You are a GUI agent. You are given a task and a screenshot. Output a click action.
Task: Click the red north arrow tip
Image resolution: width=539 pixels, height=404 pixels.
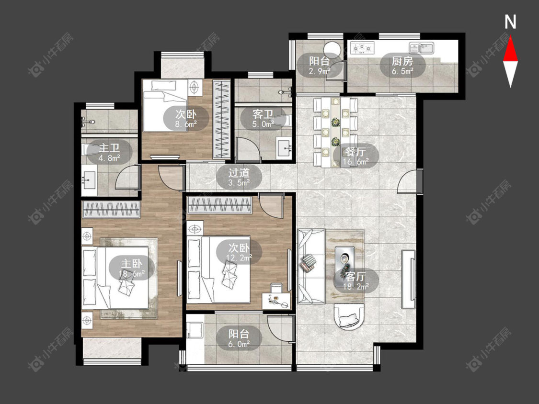[x=510, y=37]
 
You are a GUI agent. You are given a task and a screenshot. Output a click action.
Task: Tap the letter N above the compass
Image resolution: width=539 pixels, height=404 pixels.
[x=510, y=22]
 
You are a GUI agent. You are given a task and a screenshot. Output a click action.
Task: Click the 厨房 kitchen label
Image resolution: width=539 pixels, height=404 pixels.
[x=402, y=61]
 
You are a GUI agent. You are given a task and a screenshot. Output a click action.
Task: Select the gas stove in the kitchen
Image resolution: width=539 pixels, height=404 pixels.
[x=362, y=48]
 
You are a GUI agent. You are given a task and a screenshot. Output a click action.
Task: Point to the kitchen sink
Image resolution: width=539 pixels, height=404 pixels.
[x=422, y=48]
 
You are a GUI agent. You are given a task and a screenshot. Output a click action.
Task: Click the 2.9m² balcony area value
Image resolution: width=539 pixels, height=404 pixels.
[x=320, y=71]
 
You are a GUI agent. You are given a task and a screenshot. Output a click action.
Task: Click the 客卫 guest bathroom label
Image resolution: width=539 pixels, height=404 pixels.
[x=263, y=114]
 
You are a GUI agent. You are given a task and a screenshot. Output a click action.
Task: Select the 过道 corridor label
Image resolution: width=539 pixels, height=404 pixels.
[x=239, y=172]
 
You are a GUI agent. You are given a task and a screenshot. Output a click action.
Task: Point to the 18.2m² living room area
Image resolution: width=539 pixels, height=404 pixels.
[x=356, y=287]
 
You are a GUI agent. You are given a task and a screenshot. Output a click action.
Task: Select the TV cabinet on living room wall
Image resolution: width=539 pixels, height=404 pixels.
[x=409, y=279]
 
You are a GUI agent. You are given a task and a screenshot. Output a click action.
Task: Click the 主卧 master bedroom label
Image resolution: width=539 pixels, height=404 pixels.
[x=131, y=263]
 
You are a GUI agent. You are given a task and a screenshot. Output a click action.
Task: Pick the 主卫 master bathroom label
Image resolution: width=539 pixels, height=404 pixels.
[x=109, y=148]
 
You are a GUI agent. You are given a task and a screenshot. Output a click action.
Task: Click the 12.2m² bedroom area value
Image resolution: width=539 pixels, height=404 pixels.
[x=239, y=258]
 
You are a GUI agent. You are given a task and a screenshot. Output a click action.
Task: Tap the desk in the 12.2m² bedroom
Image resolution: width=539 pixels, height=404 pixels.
[x=276, y=300]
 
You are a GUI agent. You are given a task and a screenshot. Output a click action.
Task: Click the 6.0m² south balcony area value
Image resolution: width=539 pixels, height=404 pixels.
[x=239, y=344]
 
